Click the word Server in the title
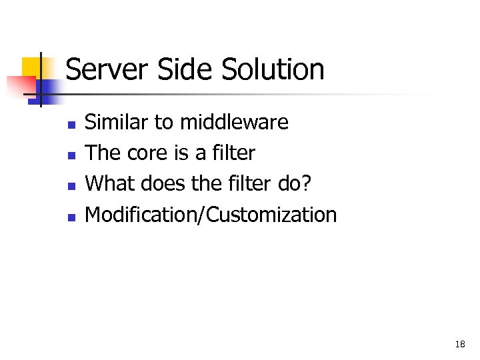pos(110,69)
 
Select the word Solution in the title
pos(273,69)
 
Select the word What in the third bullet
pos(111,183)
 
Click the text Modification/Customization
pos(211,215)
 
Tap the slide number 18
pos(459,344)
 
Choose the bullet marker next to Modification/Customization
pos(71,216)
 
